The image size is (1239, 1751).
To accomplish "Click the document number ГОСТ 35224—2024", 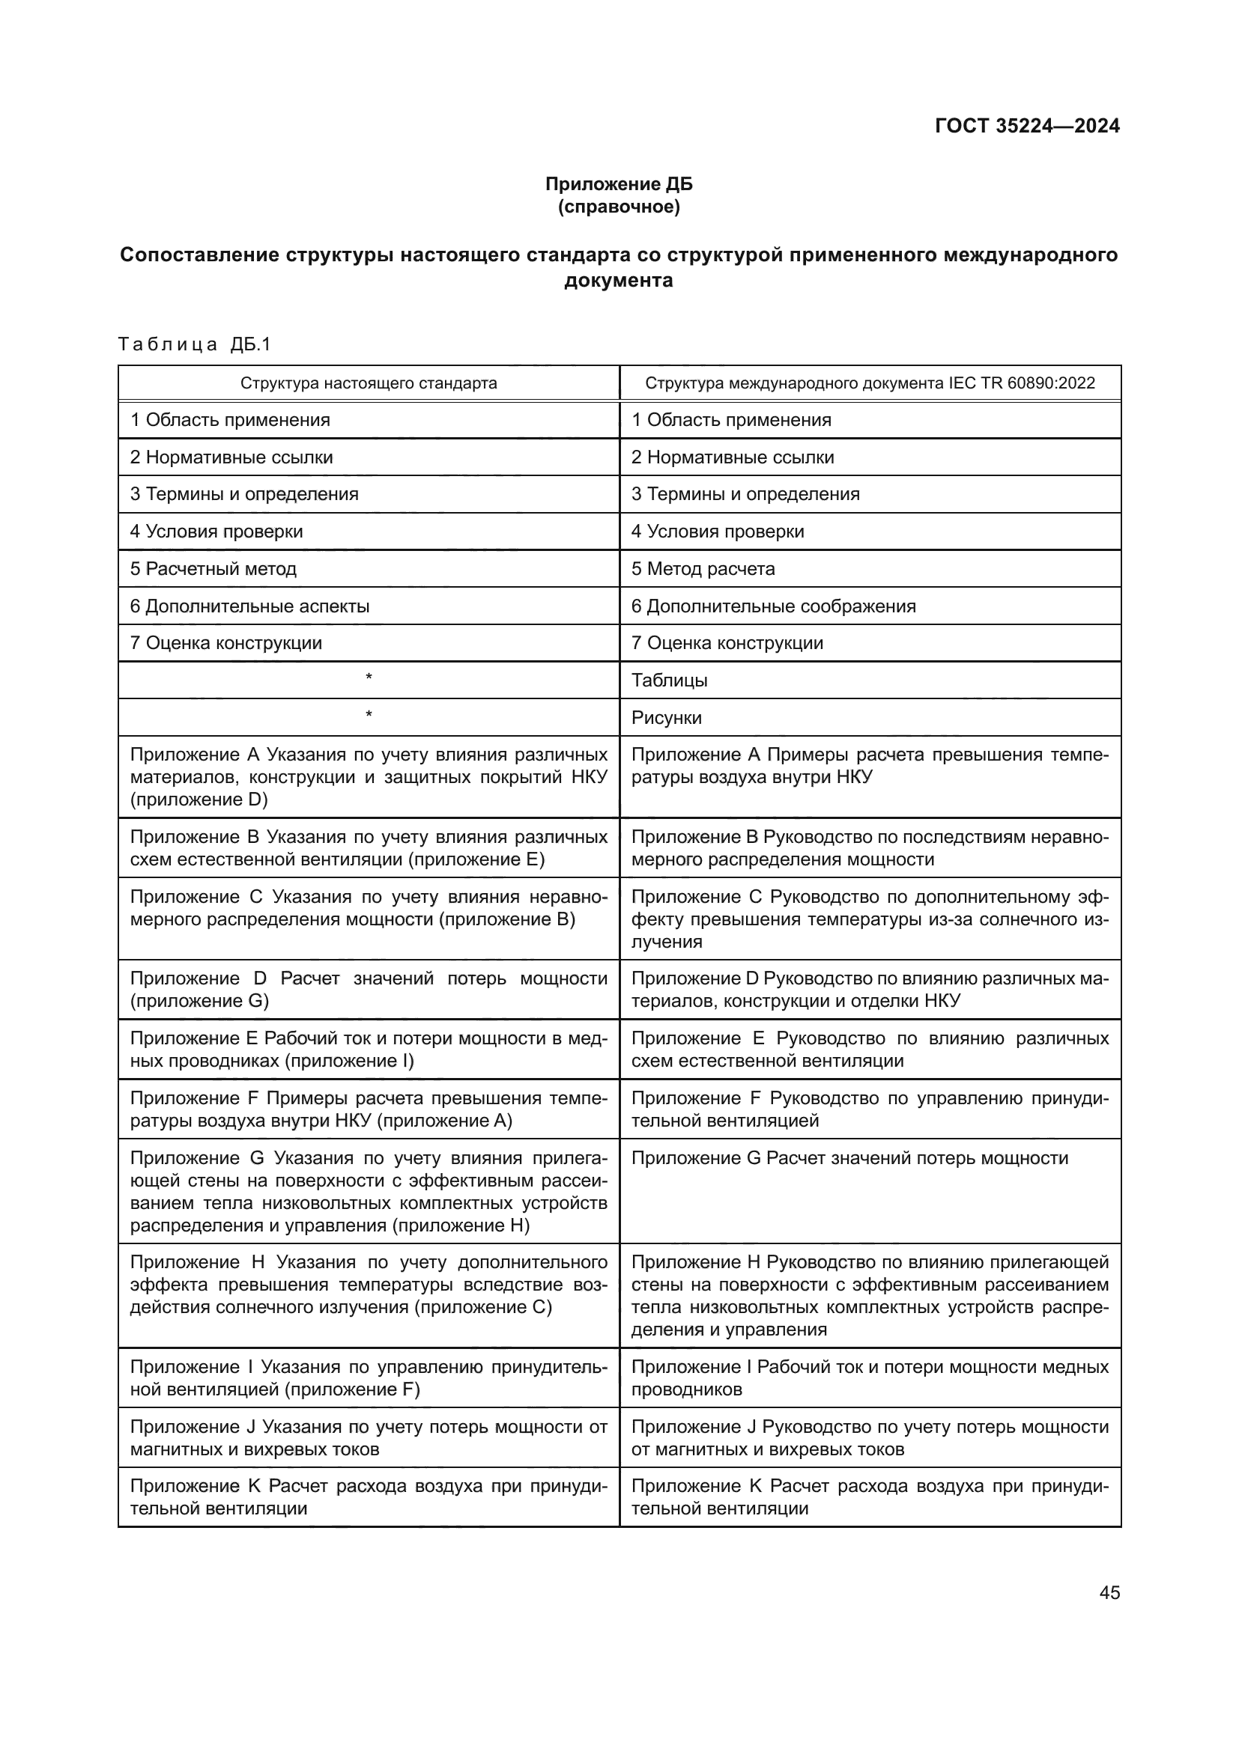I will coord(1027,126).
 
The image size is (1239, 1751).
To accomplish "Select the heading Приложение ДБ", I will coord(619,184).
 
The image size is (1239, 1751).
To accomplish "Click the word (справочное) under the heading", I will coord(619,207).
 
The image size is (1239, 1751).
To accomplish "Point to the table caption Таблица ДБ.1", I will coord(195,344).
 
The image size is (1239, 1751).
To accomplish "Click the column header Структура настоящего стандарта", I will coord(369,383).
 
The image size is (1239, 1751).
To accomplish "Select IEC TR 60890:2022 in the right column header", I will coord(1022,383).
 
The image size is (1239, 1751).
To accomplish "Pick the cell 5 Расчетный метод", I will coord(213,569).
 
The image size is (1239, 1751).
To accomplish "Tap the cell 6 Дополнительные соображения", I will coord(773,606).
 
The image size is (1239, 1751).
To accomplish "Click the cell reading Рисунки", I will coord(666,718).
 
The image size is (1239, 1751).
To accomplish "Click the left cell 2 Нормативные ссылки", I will coord(231,457).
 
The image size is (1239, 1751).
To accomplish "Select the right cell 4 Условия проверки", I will coord(717,532).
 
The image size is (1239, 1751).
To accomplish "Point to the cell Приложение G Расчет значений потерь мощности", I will coord(849,1158).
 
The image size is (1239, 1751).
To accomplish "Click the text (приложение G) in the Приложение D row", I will coord(200,1002).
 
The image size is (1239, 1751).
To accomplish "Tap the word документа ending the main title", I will coord(619,281).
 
